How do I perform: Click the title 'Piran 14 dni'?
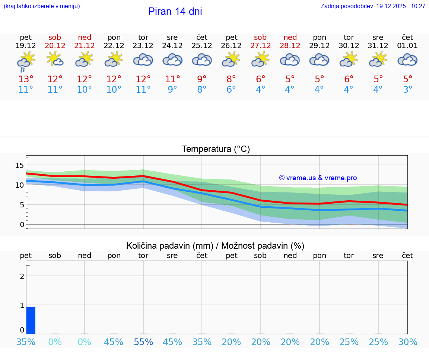(175, 12)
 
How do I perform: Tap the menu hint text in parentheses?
(42, 6)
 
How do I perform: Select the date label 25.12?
(202, 46)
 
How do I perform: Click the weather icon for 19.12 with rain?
(26, 61)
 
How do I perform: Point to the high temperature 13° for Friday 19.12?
(26, 79)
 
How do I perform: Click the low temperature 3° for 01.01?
(408, 90)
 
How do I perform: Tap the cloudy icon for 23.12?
(143, 60)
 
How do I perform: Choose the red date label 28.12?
(290, 46)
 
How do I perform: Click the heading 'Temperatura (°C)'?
(216, 149)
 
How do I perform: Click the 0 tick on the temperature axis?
(22, 225)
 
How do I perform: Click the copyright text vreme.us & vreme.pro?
(318, 178)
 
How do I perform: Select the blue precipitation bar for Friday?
(31, 321)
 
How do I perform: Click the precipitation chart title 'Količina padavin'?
(215, 246)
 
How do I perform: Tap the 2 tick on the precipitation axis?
(22, 276)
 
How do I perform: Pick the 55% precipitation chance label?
(143, 342)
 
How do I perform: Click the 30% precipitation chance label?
(408, 342)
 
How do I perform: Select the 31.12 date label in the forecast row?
(378, 46)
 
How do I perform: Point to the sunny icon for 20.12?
(55, 60)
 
